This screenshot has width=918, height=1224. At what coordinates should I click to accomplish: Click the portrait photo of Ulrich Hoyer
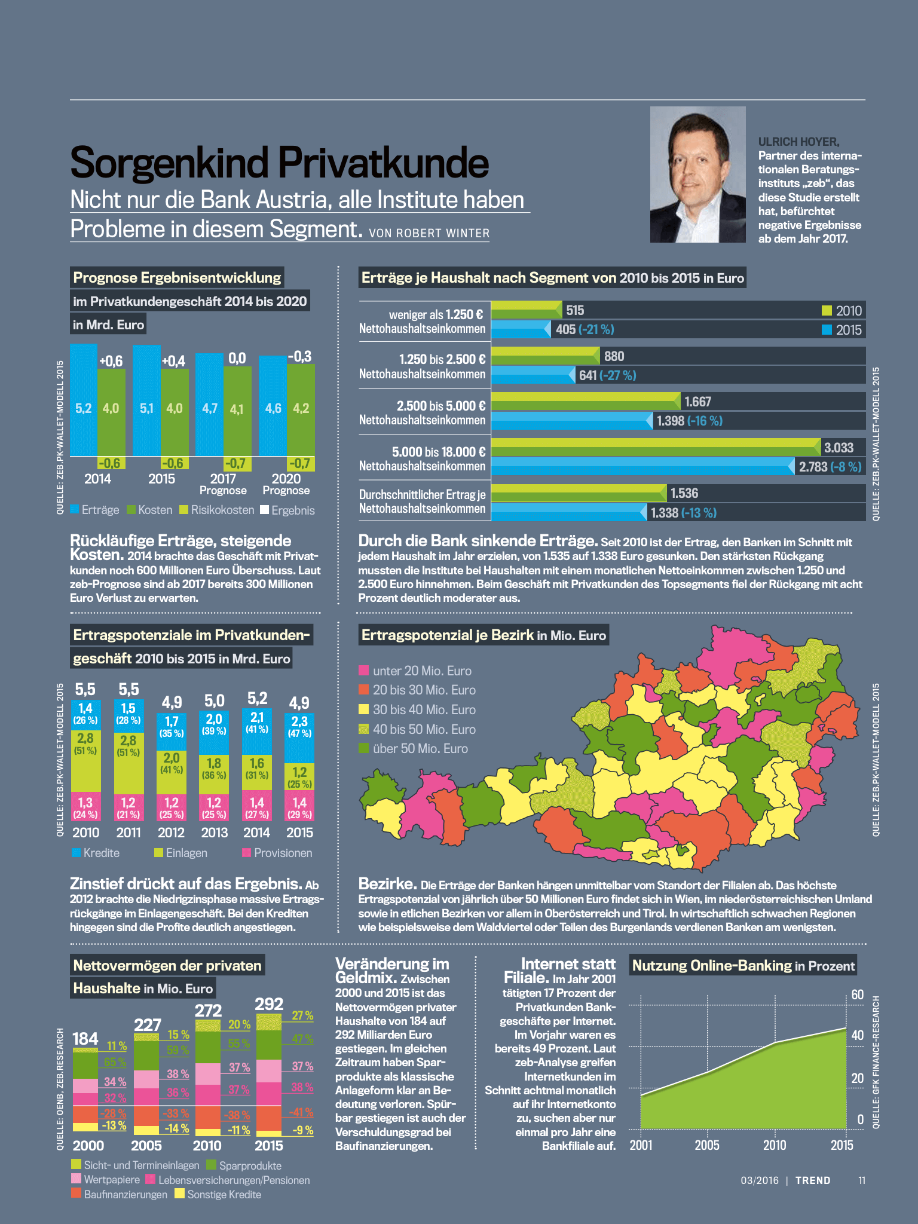pos(697,175)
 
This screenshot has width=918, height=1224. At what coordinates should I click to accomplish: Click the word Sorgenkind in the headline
pos(169,163)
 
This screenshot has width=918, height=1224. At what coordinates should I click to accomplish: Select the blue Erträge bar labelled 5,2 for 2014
pos(84,400)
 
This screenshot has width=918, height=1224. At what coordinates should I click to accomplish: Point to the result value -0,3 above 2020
pos(299,357)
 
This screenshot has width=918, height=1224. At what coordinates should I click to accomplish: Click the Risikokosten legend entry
pos(216,510)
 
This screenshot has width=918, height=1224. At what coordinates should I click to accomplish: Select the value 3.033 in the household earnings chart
pos(839,448)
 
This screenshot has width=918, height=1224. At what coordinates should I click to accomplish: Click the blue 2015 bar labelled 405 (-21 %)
pos(520,329)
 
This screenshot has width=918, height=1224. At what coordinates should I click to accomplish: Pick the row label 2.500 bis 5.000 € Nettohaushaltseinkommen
pos(423,413)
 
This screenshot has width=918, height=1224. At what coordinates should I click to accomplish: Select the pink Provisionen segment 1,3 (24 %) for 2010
pos(85,806)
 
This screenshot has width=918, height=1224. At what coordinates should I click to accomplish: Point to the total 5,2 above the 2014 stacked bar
pos(257,698)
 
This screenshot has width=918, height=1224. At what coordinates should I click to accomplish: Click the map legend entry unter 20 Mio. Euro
pos(415,671)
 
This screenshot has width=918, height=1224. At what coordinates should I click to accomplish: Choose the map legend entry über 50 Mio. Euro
pos(413,749)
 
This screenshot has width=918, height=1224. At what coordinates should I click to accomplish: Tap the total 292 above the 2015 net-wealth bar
pos(269,1004)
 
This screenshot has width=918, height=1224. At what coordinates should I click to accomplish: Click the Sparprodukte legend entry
pos(243,1165)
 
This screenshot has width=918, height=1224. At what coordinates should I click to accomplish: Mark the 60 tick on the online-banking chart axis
pos(858,994)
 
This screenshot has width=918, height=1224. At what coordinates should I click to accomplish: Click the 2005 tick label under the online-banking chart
pos(707,1145)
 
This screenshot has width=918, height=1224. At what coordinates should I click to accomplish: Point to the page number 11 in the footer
pos(861,1180)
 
